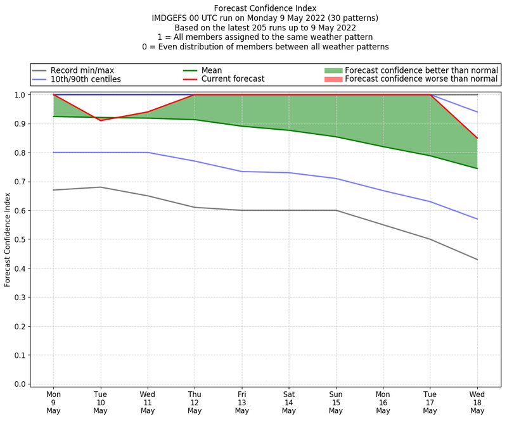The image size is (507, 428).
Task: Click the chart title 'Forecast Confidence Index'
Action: pos(265,8)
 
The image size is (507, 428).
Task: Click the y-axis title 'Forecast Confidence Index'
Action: pos(8,240)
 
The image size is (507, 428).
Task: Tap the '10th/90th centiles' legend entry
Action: pos(85,79)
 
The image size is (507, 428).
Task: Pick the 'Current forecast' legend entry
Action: pos(233,79)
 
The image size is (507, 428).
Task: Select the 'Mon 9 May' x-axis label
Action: pos(54,402)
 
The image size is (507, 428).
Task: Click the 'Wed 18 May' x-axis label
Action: pos(477,402)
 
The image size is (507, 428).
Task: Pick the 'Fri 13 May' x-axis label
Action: pos(241,402)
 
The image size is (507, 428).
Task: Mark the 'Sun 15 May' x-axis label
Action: pos(336,402)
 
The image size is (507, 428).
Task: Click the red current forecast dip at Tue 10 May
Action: pos(101,120)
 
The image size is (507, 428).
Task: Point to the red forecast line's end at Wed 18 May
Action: pos(477,138)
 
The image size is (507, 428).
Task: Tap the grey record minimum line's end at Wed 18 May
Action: pos(477,260)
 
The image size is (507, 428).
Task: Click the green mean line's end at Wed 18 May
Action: pos(477,168)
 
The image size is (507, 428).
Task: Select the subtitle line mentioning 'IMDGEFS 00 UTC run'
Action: pos(265,18)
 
